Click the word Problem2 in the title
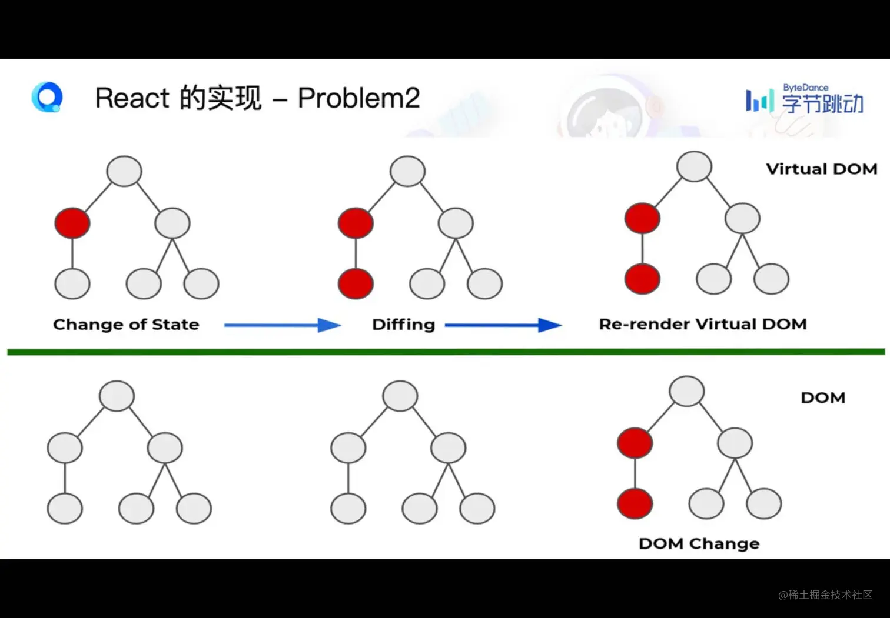click(358, 98)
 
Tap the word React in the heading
click(132, 98)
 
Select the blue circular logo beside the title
click(47, 97)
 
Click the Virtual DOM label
click(822, 169)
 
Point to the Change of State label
click(126, 324)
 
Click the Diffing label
click(403, 325)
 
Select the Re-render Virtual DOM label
click(702, 324)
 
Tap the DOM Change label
click(699, 543)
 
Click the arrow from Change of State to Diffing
click(283, 325)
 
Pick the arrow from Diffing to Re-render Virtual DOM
click(503, 325)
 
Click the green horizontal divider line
click(446, 352)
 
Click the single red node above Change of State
click(72, 223)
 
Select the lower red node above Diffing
click(356, 283)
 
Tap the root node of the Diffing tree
click(408, 171)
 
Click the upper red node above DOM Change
click(635, 443)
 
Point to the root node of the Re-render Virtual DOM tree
click(694, 166)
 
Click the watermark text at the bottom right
click(825, 594)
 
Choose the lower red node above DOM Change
click(635, 504)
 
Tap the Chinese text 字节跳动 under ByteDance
click(823, 104)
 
